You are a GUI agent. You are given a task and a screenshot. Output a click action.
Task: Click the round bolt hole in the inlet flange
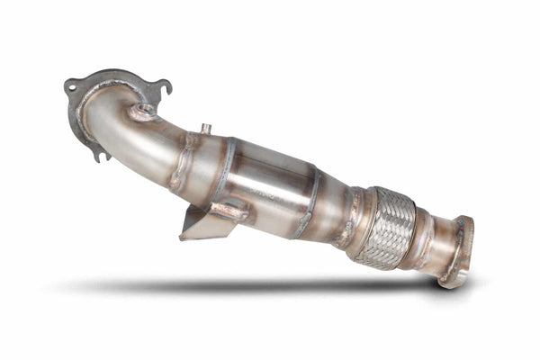click(70, 87)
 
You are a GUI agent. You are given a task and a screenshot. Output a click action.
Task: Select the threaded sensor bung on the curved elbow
click(140, 112)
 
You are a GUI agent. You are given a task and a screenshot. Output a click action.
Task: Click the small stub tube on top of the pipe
click(205, 130)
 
